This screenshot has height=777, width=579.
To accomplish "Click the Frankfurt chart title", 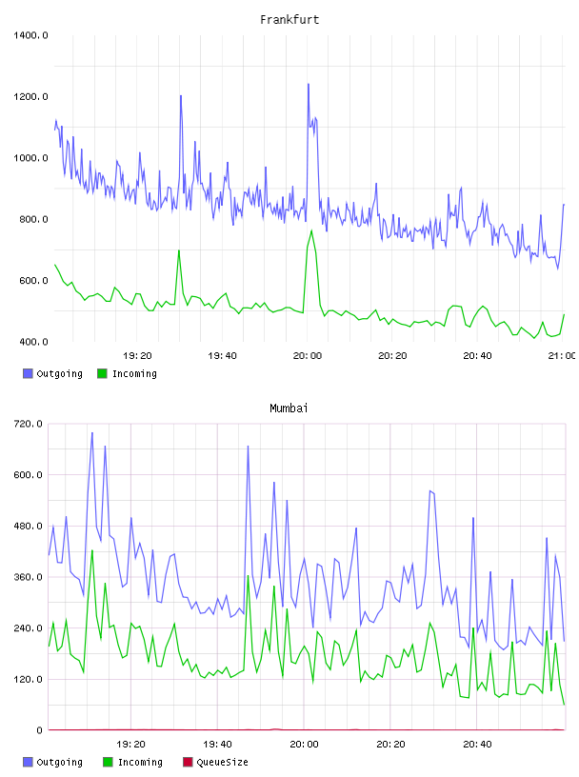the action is (x=289, y=19).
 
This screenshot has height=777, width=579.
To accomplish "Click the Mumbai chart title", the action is (x=289, y=408).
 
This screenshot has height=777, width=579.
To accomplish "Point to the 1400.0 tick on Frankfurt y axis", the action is (x=30, y=35).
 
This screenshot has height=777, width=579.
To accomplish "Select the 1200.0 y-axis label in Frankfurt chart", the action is (x=30, y=96).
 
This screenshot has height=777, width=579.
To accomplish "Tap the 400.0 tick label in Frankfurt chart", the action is (x=33, y=342).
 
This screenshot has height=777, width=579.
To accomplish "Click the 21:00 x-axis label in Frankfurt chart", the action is (x=562, y=355).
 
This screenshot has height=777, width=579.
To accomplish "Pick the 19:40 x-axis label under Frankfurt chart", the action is (x=222, y=355).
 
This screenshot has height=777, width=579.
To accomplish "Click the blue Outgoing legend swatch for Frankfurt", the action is (x=28, y=373).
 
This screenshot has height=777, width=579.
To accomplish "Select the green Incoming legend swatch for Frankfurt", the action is (x=102, y=373).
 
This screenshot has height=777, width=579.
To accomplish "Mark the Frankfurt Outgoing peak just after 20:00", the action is (x=309, y=84).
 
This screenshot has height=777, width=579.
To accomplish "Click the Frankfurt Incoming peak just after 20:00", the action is (x=311, y=230).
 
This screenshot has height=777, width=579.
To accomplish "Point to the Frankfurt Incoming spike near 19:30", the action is (x=179, y=250).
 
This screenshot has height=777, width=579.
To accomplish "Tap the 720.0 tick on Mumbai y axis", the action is (x=29, y=424).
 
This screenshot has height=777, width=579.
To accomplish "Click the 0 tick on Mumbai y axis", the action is (x=39, y=730).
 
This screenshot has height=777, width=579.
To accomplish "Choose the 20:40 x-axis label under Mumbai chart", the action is (x=477, y=744).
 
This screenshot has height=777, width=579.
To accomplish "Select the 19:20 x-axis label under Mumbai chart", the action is (x=130, y=744).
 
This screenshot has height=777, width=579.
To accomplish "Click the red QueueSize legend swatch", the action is (x=188, y=762).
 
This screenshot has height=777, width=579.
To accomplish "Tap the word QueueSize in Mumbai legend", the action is (x=223, y=762).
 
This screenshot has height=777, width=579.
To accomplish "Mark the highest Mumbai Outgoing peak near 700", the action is (x=92, y=432).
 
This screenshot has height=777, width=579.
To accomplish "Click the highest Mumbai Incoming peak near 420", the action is (x=92, y=550).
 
